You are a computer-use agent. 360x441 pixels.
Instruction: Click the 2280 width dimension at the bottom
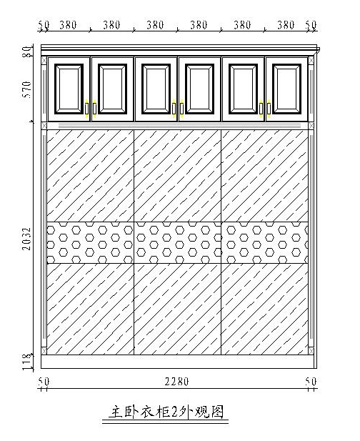(x=176, y=382)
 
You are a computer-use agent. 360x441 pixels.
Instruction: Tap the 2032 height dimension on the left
(x=27, y=239)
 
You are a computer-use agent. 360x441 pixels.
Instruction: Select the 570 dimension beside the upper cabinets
(x=27, y=89)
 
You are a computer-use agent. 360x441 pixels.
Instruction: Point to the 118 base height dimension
(x=27, y=362)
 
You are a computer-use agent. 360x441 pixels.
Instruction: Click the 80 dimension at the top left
(x=27, y=51)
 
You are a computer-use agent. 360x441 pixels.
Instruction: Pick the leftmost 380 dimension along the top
(x=68, y=25)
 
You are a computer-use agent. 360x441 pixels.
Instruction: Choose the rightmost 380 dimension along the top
(x=286, y=25)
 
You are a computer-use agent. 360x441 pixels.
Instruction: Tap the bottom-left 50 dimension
(x=44, y=382)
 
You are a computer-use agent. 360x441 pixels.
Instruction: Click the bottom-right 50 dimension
(x=311, y=382)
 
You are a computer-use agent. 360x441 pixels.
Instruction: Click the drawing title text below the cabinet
(x=166, y=412)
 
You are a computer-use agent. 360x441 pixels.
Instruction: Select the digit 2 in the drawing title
(x=174, y=412)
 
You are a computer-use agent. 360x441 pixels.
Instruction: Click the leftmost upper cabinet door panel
(x=69, y=89)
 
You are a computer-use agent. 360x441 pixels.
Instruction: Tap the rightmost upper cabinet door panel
(x=286, y=89)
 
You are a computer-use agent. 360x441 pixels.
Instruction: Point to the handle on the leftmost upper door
(x=86, y=109)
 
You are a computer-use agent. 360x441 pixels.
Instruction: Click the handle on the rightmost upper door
(x=269, y=109)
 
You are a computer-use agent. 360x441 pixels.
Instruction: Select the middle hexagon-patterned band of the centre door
(x=178, y=242)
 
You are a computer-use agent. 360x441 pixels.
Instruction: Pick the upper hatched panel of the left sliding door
(x=91, y=176)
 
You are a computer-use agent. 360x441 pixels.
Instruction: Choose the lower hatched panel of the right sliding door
(x=265, y=309)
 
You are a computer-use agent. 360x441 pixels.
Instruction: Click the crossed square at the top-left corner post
(x=44, y=61)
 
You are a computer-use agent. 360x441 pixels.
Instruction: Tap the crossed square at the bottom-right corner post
(x=311, y=351)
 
